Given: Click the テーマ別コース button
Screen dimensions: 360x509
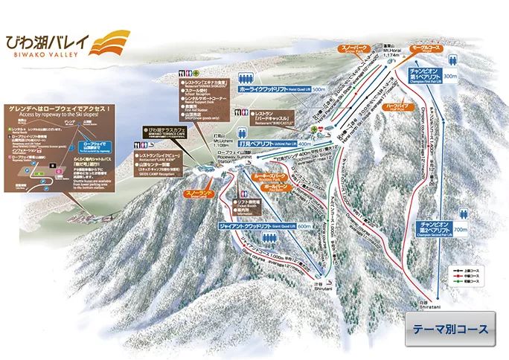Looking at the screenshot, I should [451, 329].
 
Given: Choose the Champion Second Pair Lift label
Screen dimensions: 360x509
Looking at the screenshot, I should [434, 227].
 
